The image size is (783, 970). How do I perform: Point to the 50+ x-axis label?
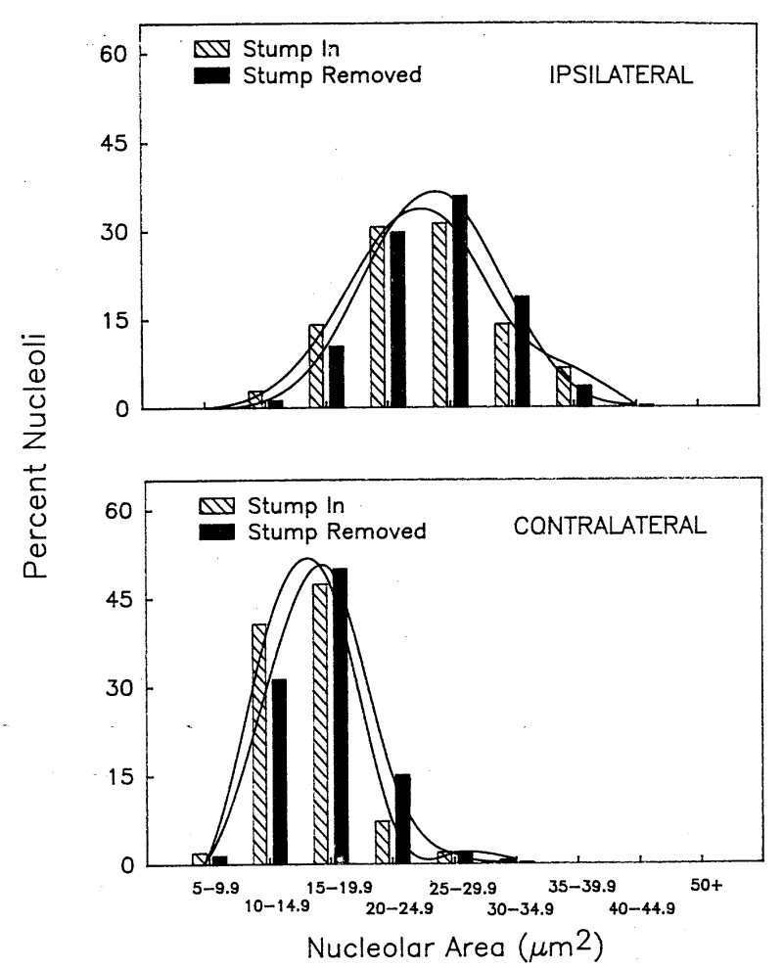705,887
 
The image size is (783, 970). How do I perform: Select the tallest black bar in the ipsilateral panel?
459,301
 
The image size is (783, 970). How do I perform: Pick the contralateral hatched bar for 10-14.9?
259,745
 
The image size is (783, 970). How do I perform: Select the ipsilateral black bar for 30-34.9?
521,352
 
